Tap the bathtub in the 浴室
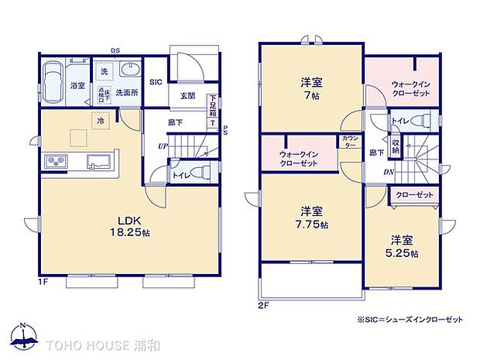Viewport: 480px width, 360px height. pyautogui.click(x=53, y=81)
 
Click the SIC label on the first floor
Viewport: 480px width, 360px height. pyautogui.click(x=156, y=81)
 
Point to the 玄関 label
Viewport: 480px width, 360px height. pyautogui.click(x=187, y=96)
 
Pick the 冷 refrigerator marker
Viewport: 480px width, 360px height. pyautogui.click(x=101, y=120)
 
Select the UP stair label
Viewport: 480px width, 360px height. pyautogui.click(x=162, y=146)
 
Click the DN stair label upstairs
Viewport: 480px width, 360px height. pyautogui.click(x=388, y=172)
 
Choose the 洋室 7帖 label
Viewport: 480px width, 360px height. pyautogui.click(x=310, y=89)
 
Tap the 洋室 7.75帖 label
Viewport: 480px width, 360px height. pyautogui.click(x=313, y=218)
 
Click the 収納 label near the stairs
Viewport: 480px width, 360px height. pyautogui.click(x=396, y=146)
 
